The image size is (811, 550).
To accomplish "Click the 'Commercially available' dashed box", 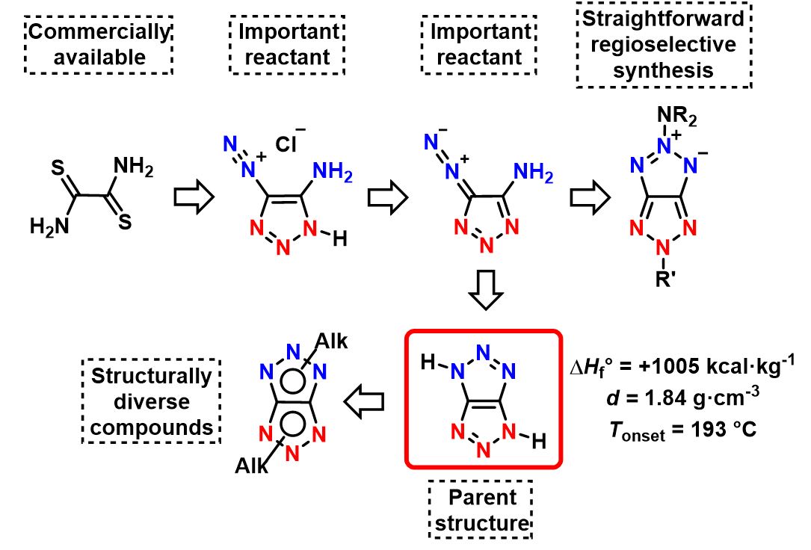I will coord(99,44).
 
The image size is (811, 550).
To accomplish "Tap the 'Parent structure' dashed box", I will coord(483,511).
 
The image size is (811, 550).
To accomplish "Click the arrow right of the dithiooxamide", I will coord(193,197).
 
